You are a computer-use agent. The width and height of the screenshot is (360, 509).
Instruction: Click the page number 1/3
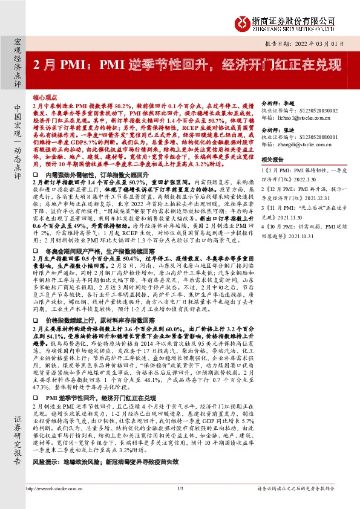coord(180,488)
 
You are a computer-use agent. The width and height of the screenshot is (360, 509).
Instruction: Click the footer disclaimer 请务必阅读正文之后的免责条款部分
coord(304,488)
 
